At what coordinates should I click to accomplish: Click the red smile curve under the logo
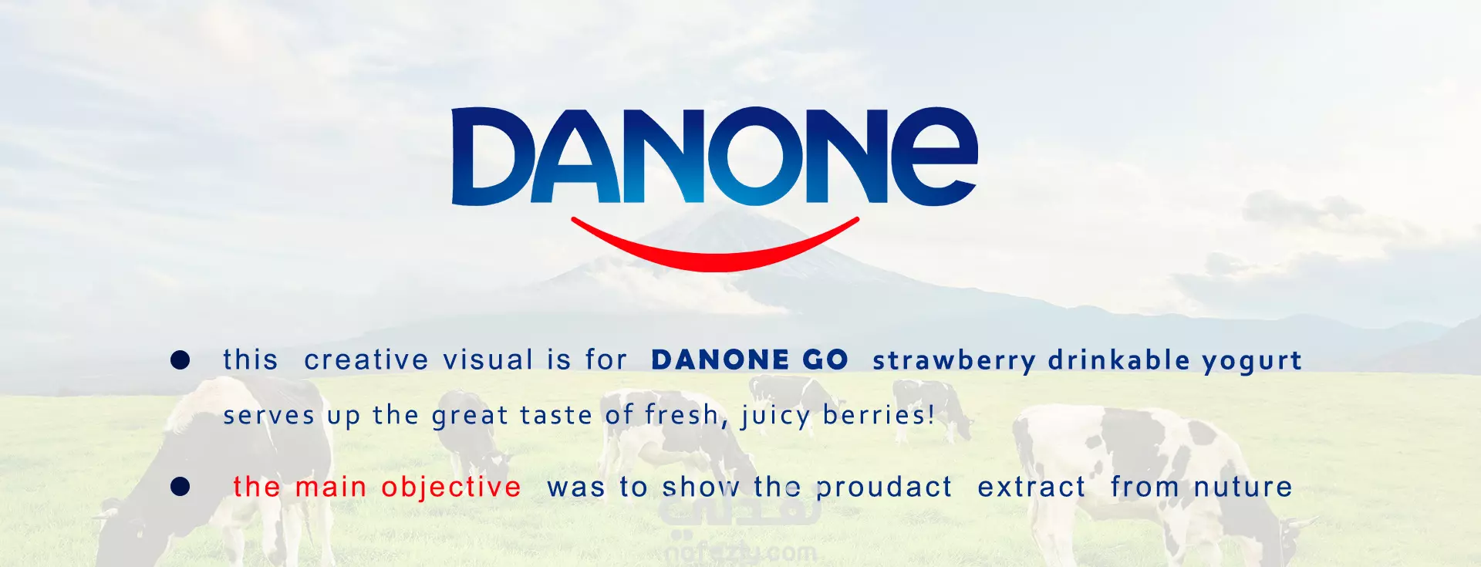point(714,258)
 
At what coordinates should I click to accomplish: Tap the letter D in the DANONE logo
point(492,157)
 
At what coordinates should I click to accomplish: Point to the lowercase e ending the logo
point(934,157)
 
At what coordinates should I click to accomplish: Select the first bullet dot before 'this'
point(180,359)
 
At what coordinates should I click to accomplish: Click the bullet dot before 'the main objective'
point(180,487)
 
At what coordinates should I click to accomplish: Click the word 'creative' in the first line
point(366,360)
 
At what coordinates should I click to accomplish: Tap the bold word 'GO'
point(825,360)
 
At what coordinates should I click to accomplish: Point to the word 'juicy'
point(775,417)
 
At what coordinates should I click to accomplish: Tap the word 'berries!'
point(879,415)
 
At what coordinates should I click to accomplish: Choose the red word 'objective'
point(451,488)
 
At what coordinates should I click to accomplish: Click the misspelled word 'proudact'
point(884,488)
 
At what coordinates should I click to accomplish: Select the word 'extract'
point(1031,488)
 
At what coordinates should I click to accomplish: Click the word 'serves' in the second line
point(268,417)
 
